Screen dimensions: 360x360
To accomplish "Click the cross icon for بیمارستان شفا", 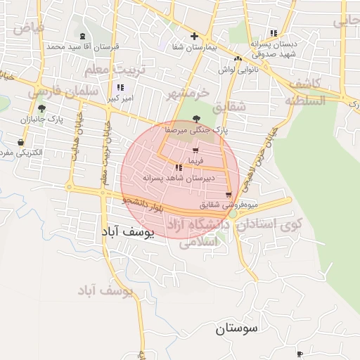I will (x=194, y=37).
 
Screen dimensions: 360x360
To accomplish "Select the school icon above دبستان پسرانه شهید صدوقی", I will (x=273, y=33).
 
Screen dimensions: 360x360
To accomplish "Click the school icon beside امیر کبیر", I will (x=120, y=88).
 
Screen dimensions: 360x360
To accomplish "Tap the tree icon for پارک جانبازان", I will (x=42, y=108).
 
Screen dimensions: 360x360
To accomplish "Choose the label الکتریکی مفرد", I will (x=23, y=153).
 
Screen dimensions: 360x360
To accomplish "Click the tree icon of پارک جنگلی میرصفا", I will (x=195, y=119).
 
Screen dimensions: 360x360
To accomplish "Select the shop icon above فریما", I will (x=195, y=150).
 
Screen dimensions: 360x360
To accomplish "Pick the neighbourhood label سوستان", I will (x=236, y=328).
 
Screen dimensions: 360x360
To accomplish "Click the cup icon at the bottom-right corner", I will (x=300, y=353).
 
